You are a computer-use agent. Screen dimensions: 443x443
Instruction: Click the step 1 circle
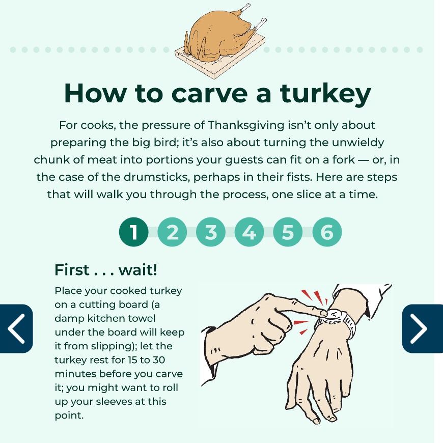(134, 232)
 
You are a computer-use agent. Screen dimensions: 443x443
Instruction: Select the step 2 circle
(173, 232)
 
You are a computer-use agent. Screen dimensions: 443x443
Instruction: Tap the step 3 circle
(211, 232)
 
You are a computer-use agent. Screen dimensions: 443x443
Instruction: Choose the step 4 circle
(250, 232)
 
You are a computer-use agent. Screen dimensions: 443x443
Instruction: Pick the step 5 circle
(288, 232)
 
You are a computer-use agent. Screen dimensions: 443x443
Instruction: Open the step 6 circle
(327, 232)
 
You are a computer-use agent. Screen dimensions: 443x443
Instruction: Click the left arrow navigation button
(16, 329)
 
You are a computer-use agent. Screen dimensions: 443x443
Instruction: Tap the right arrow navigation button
(422, 329)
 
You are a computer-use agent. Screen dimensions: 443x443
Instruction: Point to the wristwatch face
(333, 316)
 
